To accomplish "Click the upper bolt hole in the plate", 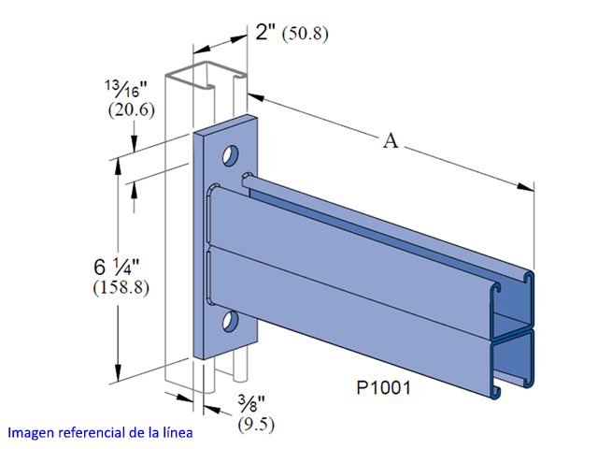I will pos(228,151).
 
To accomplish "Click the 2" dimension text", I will pos(267,33).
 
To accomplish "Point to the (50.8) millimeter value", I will pos(306,35).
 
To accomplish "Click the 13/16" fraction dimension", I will pos(125,89).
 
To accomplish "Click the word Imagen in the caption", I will pos(35,434).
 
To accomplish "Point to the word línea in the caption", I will pos(177,434).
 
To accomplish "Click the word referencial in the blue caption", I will pos(96,434).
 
